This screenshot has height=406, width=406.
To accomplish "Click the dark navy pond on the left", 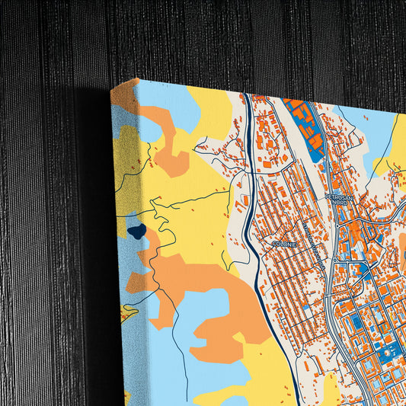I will click(x=136, y=232).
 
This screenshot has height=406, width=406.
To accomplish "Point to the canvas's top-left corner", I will click(x=112, y=90).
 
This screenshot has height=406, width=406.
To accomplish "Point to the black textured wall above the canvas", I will click(x=229, y=38).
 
